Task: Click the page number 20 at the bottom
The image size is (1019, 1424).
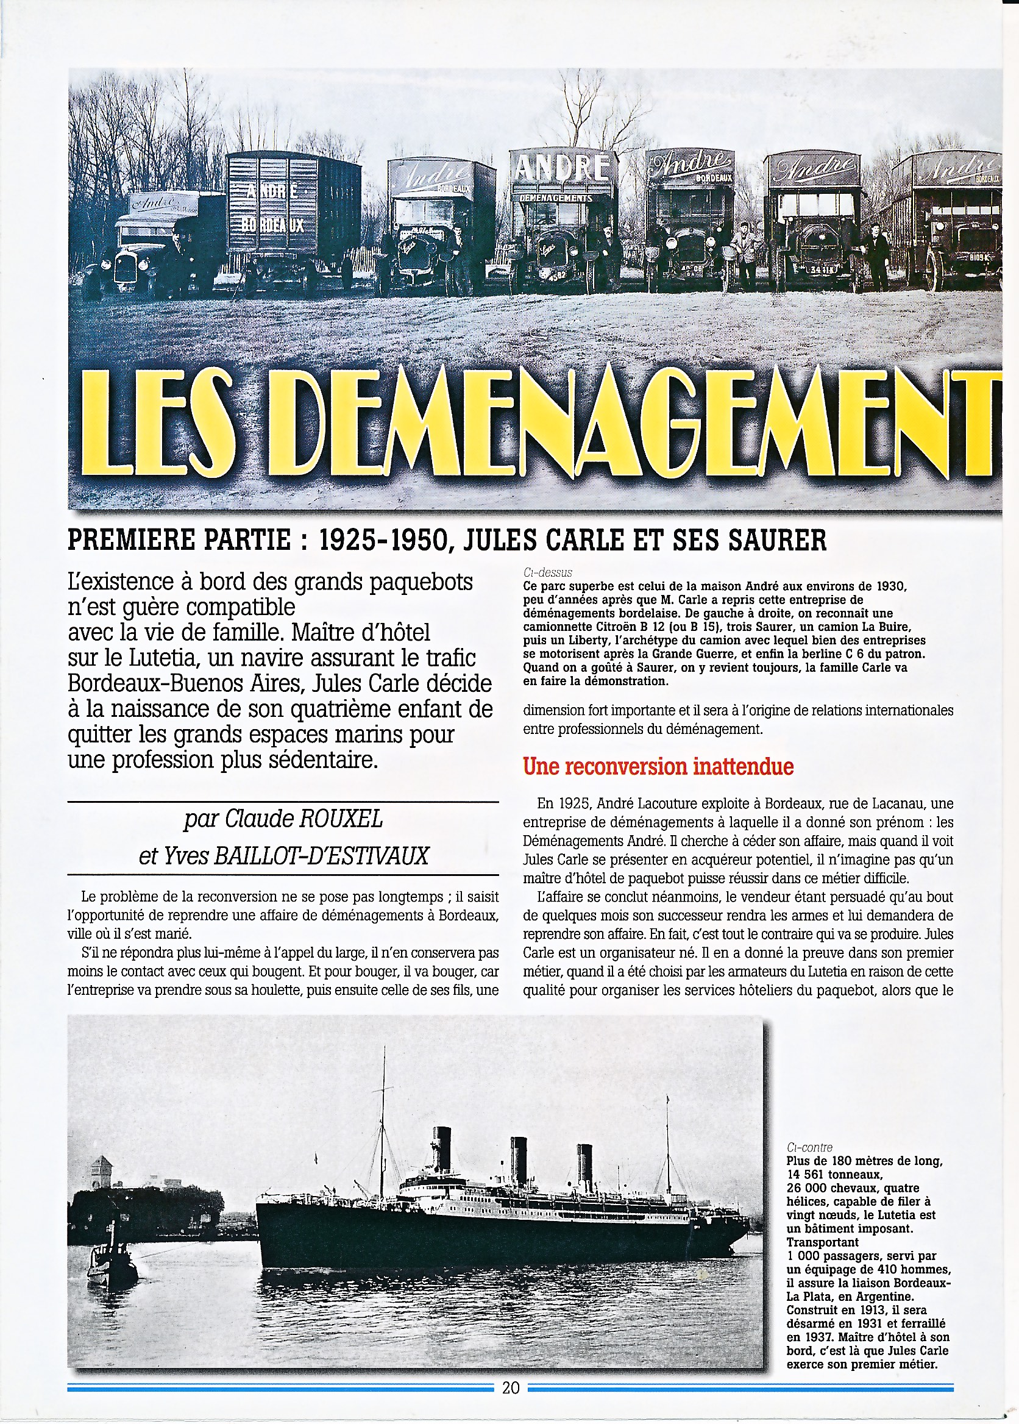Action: tap(511, 1387)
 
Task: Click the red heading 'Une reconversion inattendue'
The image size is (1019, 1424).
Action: tap(658, 766)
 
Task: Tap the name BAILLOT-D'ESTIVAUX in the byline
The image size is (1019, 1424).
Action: tap(321, 856)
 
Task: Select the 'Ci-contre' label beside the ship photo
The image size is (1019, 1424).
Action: tap(809, 1147)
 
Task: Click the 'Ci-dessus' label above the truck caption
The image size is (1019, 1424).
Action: tap(547, 572)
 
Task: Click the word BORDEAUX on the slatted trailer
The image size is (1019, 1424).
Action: tap(274, 224)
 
